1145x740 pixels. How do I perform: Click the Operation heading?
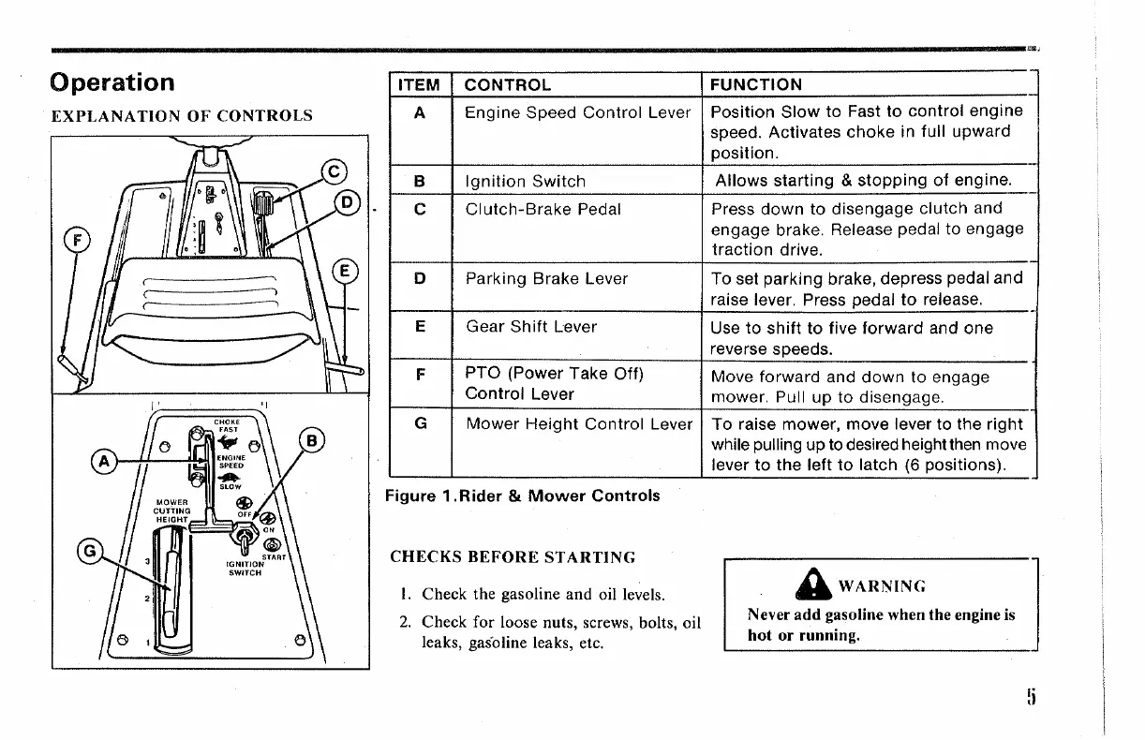(112, 82)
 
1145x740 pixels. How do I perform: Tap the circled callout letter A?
(103, 460)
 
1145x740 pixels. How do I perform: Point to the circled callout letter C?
(334, 171)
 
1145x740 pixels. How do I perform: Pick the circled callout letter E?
(346, 271)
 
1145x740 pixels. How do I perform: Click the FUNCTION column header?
(756, 85)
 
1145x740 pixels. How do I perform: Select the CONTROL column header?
(508, 85)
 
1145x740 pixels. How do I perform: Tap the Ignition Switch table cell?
(526, 182)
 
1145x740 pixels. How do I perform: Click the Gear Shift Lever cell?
(531, 327)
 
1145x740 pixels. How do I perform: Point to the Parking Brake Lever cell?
(547, 278)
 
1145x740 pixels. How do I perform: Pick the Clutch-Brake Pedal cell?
(543, 209)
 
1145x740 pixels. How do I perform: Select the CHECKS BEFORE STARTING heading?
(513, 557)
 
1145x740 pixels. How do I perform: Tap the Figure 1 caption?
(523, 496)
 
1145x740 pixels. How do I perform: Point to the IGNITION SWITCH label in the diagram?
(243, 569)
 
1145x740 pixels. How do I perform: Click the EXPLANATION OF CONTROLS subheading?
(182, 117)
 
